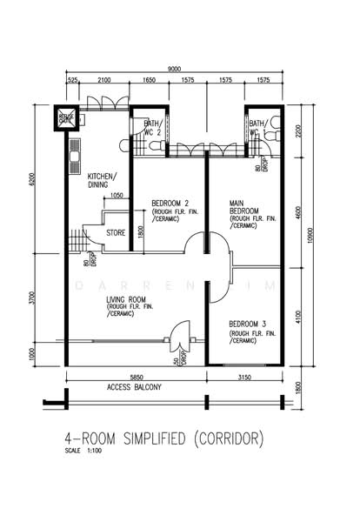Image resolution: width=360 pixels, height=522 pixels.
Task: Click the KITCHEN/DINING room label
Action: click(x=103, y=180)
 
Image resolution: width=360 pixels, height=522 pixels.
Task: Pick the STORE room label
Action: click(x=117, y=232)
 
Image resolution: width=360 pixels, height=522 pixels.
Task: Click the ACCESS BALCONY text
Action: click(x=133, y=386)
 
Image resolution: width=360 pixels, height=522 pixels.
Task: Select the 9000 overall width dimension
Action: click(x=175, y=69)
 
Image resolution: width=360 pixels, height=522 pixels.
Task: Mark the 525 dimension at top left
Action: click(x=73, y=80)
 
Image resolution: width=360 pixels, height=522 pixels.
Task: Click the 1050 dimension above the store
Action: click(x=118, y=196)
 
